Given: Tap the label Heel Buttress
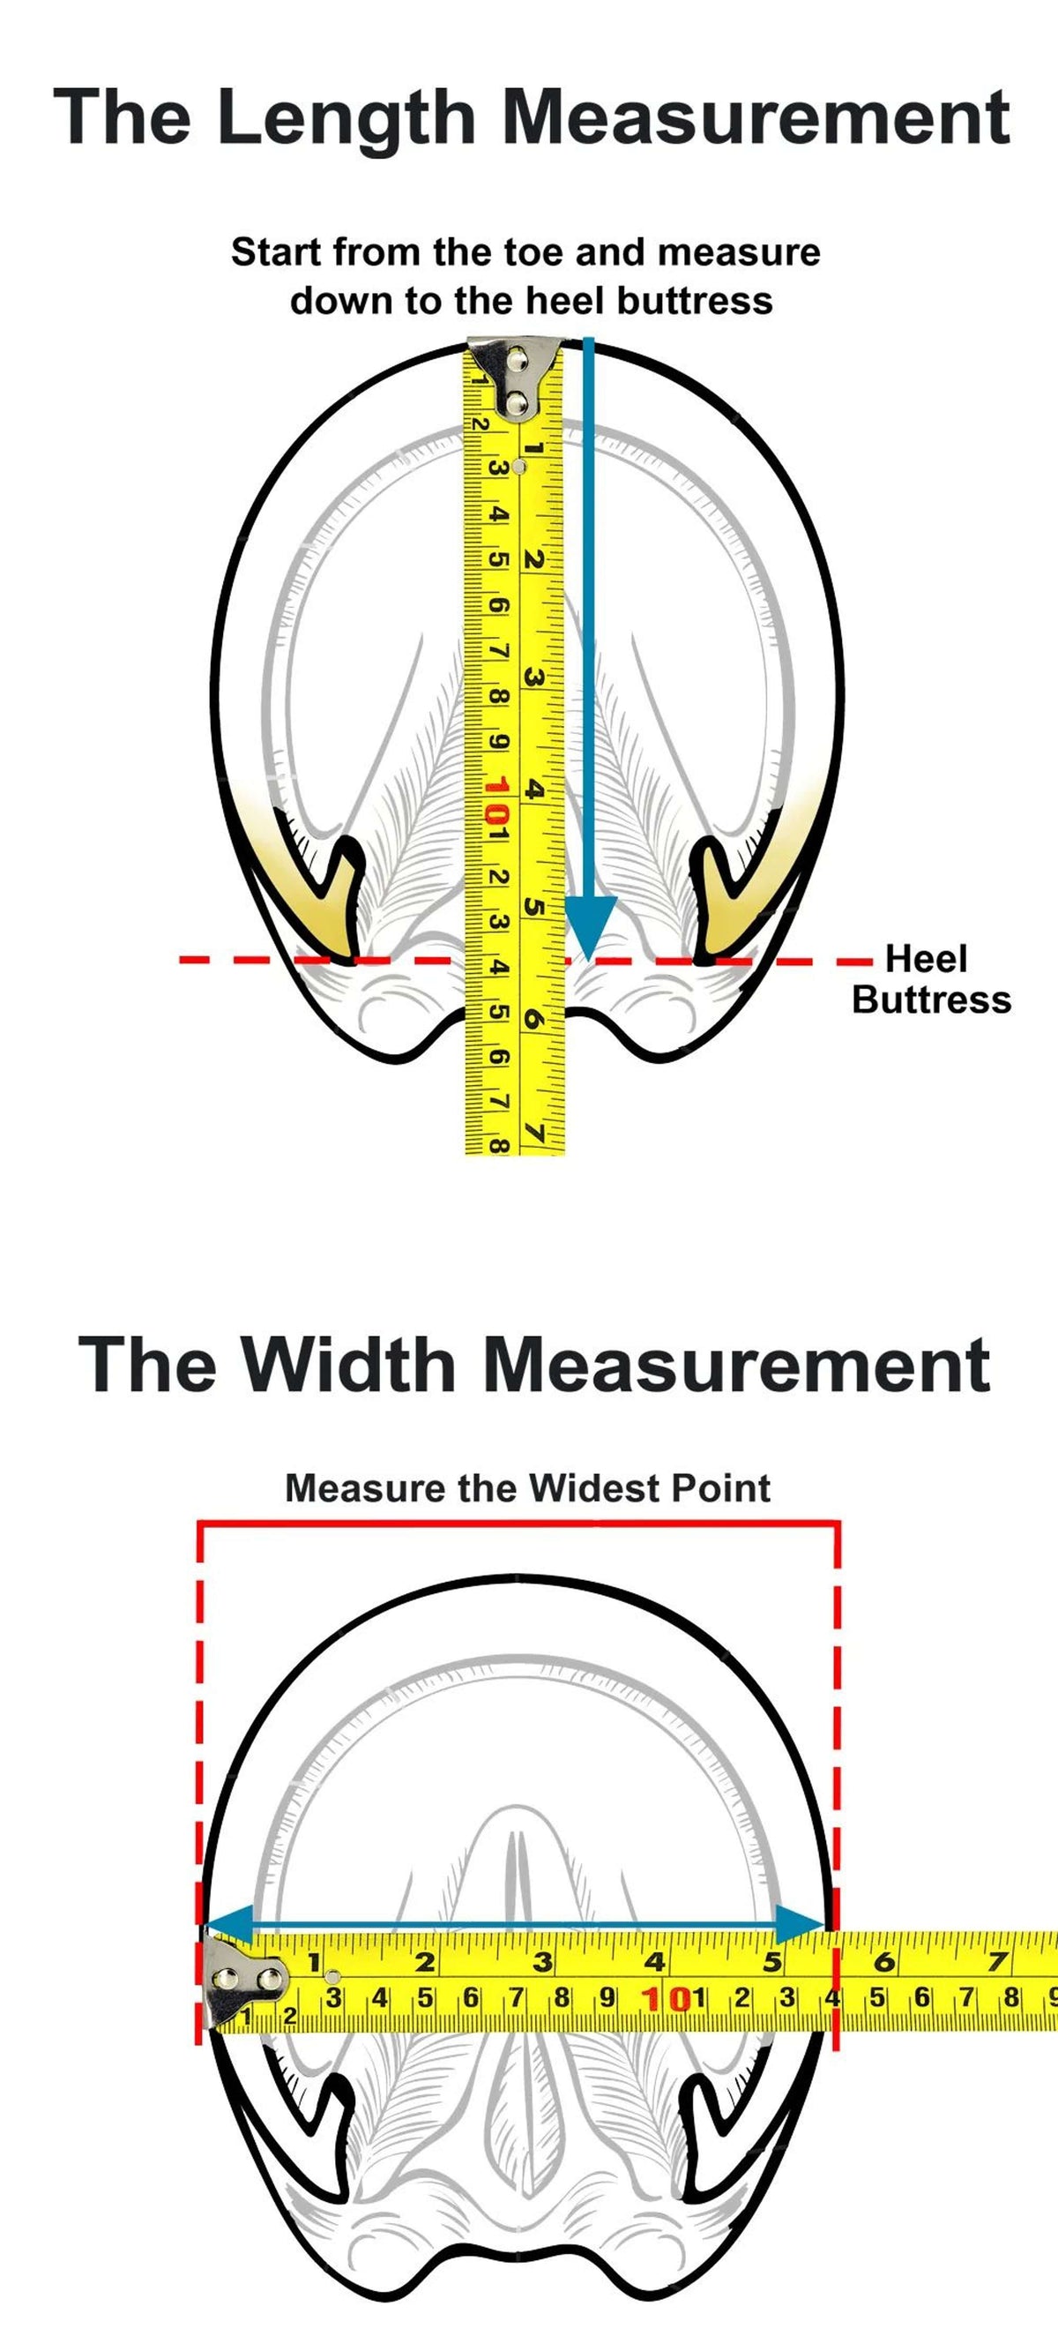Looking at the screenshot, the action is (x=932, y=979).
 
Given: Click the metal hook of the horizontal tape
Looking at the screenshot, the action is (x=246, y=1981).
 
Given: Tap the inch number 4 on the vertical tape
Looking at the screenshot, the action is (x=536, y=790).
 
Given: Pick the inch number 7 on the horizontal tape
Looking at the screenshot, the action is (x=998, y=1962).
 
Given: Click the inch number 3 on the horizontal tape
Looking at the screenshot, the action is (x=543, y=1962).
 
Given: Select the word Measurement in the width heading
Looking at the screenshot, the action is (x=736, y=1365).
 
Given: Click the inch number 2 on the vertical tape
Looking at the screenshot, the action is (x=535, y=559).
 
